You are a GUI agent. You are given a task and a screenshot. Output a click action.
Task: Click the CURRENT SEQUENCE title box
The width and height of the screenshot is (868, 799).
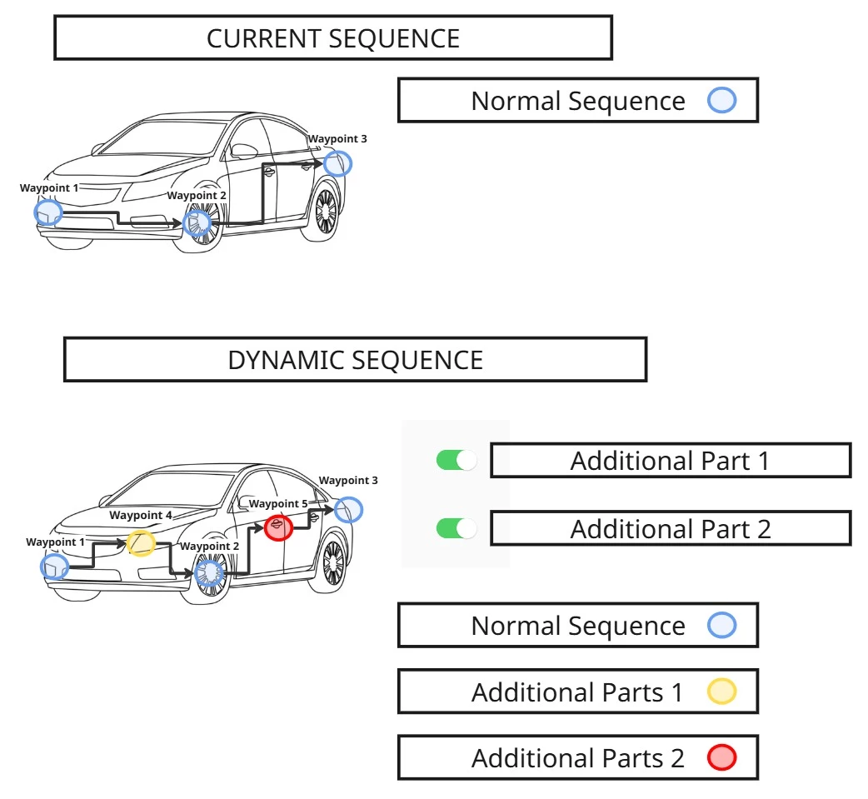(x=333, y=38)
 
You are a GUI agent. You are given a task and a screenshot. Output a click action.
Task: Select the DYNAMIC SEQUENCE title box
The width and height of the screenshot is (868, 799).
(x=355, y=360)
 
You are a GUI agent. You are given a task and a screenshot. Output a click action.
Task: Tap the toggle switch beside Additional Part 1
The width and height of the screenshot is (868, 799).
(x=456, y=460)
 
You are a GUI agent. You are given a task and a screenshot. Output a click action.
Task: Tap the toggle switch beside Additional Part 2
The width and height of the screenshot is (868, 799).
(x=456, y=528)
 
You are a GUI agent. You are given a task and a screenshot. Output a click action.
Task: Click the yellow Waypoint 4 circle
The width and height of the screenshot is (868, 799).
(x=142, y=543)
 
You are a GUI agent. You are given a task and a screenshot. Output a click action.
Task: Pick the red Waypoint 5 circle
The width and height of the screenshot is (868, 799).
(x=278, y=527)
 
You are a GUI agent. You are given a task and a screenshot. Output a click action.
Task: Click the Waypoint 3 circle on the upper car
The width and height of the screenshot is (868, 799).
(x=337, y=163)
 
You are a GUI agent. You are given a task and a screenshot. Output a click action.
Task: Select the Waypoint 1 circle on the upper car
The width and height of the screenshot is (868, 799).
(x=48, y=212)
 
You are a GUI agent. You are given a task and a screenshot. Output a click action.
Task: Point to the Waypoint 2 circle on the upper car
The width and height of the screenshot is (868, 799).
(x=197, y=222)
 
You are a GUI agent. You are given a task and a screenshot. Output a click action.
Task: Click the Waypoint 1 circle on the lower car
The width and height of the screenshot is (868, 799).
(x=55, y=567)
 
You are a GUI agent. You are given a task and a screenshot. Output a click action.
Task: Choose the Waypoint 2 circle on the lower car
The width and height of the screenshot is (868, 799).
(x=208, y=572)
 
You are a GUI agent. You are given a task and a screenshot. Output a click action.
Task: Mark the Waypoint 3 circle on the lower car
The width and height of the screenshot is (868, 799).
(x=349, y=509)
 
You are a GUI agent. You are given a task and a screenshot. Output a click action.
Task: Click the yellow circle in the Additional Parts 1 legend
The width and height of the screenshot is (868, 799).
(x=721, y=692)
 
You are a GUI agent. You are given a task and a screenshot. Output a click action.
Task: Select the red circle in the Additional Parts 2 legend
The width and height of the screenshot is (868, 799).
(x=721, y=758)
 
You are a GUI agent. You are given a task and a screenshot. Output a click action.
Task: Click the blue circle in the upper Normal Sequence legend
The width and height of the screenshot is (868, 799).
(x=721, y=101)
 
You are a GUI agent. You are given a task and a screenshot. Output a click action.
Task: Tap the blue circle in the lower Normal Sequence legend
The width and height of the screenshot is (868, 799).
(x=721, y=626)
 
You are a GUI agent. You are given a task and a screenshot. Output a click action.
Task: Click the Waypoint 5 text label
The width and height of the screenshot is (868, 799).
(x=278, y=504)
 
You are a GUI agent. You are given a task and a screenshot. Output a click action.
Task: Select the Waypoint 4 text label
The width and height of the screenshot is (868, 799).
(x=141, y=516)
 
